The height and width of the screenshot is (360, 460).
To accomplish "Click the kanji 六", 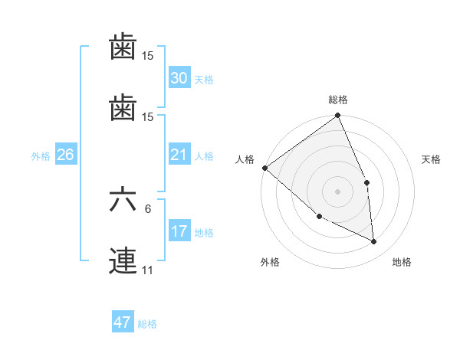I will [123, 200].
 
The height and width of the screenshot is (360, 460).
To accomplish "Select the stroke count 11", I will [147, 270].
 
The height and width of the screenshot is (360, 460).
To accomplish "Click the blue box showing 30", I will [179, 78].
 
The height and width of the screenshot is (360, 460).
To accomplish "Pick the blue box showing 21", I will [179, 155].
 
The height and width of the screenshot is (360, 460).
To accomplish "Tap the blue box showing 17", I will [179, 231].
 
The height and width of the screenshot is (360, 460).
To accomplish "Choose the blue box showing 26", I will [65, 155].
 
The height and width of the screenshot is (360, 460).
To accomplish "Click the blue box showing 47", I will [123, 322].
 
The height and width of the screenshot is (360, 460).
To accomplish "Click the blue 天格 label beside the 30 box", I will [204, 80].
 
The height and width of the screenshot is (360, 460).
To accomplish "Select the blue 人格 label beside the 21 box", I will [204, 156].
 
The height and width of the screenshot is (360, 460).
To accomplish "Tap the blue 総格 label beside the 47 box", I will [147, 324].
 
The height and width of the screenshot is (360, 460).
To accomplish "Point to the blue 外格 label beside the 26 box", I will [41, 156].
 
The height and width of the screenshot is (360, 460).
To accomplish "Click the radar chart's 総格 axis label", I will [337, 100].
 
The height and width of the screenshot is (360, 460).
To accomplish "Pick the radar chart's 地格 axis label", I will [402, 262].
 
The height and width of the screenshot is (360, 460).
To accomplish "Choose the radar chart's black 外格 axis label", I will [270, 262].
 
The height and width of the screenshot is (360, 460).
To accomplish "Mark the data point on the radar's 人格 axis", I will [264, 168].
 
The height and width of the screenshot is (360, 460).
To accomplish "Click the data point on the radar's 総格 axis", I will [337, 116].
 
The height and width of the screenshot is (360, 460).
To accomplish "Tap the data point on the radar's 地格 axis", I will [374, 241].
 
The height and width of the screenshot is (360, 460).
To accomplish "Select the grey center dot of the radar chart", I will [337, 191].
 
